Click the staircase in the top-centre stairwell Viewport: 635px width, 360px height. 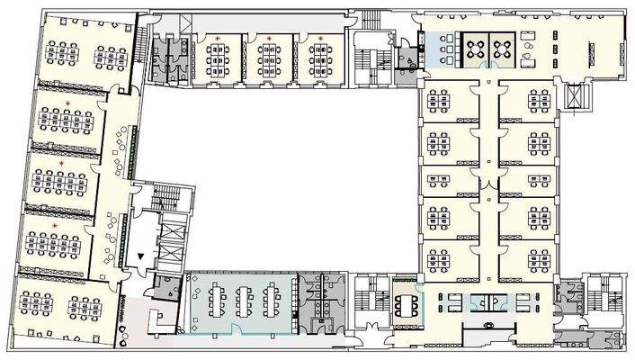pos(367,59)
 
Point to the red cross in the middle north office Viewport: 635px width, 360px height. pos(269,38)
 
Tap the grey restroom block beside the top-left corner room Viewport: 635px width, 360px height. pos(168,57)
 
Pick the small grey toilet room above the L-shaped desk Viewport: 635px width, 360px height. pos(165,288)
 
